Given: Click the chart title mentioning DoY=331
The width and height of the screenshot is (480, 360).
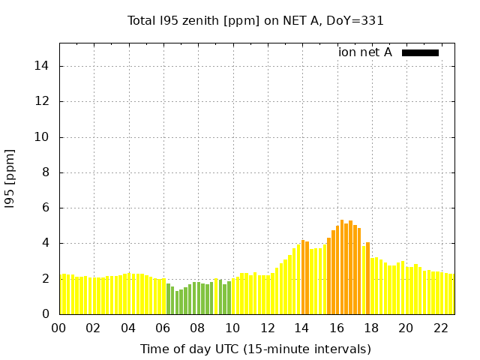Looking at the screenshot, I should click(x=256, y=20).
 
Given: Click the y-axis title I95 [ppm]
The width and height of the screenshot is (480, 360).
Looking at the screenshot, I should click(x=10, y=178).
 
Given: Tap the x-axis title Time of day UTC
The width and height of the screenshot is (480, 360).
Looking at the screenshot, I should click(x=256, y=349).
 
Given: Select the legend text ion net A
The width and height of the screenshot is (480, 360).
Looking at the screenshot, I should click(x=364, y=52).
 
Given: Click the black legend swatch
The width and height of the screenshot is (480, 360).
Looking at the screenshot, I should click(x=420, y=52).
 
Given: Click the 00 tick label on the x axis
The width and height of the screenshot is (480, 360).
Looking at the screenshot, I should click(x=59, y=328).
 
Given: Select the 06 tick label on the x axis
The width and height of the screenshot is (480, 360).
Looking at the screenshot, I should click(x=163, y=328).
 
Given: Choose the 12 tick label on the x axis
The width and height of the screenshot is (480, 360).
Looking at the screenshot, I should click(x=267, y=328).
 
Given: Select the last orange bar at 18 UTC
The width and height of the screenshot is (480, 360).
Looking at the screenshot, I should click(x=367, y=278).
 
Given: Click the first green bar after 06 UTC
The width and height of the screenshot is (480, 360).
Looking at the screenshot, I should click(x=168, y=298).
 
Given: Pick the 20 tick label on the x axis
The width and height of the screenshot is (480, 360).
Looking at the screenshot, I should click(x=406, y=328).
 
